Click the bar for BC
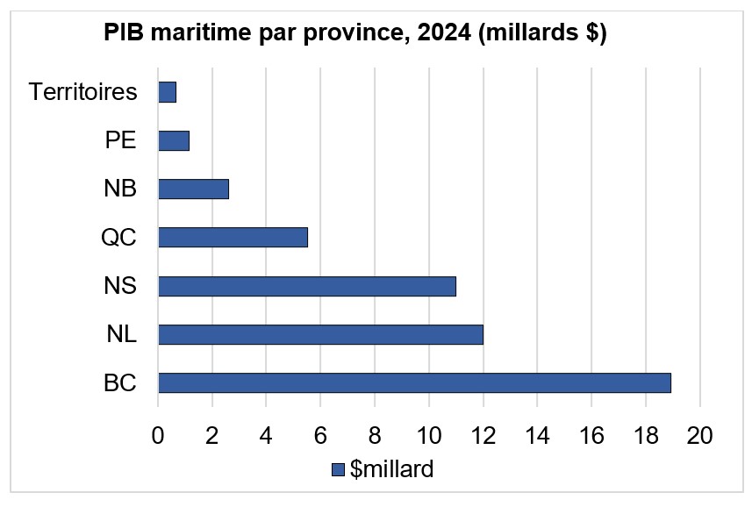(x=414, y=382)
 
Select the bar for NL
(x=320, y=334)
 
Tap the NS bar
(x=307, y=286)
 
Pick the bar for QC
(x=233, y=238)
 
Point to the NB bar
(x=193, y=189)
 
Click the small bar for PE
(x=174, y=140)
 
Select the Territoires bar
(x=167, y=92)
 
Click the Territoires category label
(x=82, y=92)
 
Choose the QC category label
(x=118, y=238)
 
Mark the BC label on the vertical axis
(x=118, y=382)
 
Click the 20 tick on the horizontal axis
(x=699, y=436)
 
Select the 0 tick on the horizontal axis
(x=158, y=436)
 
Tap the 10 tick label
(x=429, y=436)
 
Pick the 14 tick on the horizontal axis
(x=537, y=436)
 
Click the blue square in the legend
(x=338, y=470)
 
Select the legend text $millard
(x=391, y=469)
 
